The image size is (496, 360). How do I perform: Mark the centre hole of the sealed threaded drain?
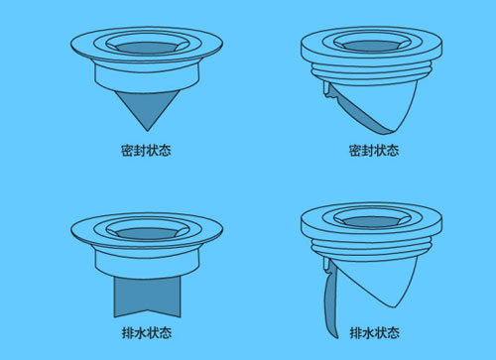pyautogui.click(x=375, y=45)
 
